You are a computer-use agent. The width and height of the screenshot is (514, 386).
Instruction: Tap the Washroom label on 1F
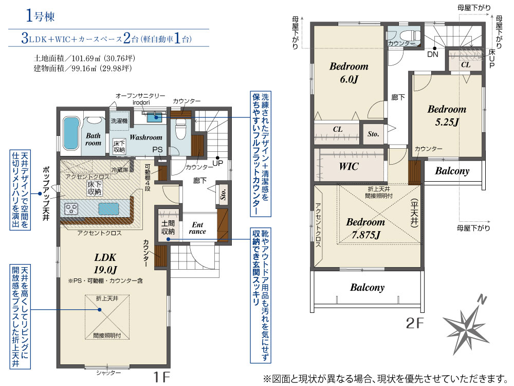(146, 137)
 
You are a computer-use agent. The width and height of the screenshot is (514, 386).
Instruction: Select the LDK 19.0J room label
(105, 264)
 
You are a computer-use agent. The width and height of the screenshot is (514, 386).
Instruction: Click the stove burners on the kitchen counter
(71, 209)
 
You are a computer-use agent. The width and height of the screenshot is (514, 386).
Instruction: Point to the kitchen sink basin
(108, 209)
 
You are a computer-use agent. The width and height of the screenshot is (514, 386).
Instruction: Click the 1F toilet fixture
(180, 128)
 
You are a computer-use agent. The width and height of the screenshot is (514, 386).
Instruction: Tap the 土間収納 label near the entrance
(168, 227)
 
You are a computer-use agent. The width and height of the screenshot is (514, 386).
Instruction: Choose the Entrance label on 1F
(197, 228)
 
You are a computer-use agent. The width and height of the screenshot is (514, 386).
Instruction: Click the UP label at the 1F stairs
(217, 163)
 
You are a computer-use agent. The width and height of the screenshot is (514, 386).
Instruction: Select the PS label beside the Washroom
(157, 150)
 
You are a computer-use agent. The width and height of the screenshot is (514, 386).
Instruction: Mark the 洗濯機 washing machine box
(119, 121)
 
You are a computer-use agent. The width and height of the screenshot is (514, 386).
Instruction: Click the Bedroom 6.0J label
(349, 73)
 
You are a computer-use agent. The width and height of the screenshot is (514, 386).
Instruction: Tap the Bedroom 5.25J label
(447, 115)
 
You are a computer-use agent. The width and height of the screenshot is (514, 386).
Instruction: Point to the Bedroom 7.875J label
(365, 228)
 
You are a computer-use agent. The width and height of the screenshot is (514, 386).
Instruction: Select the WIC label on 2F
(349, 166)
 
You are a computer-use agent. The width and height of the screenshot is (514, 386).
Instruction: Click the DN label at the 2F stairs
(433, 54)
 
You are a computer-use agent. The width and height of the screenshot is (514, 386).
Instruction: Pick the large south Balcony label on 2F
(367, 288)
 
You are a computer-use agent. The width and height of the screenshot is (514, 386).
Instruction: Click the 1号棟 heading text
(40, 16)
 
